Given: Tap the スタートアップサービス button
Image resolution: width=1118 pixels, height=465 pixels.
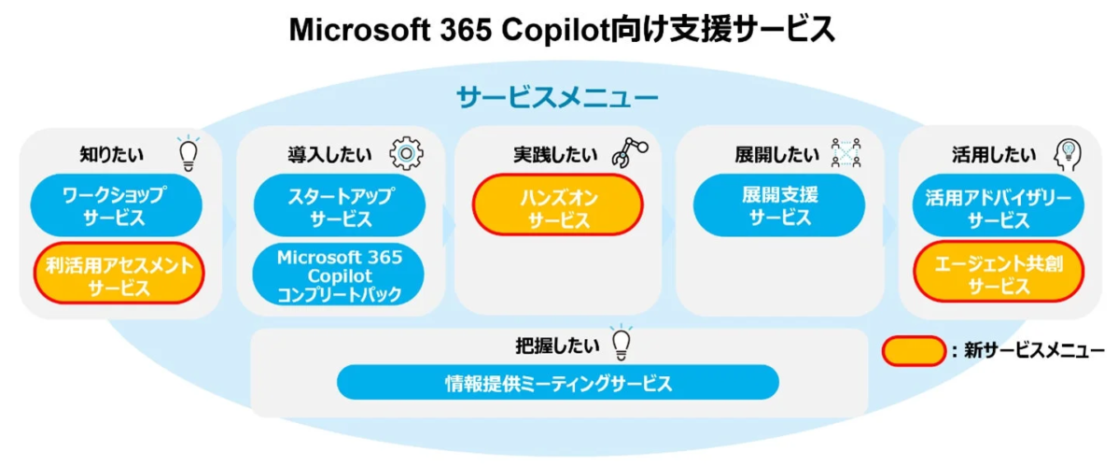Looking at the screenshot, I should [x=338, y=206].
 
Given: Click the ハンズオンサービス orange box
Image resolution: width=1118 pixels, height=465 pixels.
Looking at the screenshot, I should [x=558, y=206].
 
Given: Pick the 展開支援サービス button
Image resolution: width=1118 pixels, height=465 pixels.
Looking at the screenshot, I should [x=777, y=206].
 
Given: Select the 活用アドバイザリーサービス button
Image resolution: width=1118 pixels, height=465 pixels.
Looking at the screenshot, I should [x=998, y=206].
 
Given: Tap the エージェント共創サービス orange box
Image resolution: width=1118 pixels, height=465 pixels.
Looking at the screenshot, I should [x=998, y=275].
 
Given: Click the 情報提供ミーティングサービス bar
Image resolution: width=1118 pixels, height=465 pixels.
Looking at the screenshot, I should [x=557, y=383].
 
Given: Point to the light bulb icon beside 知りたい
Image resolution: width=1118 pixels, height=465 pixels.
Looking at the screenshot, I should [x=189, y=154].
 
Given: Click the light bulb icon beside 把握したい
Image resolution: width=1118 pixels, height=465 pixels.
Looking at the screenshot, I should [x=621, y=344].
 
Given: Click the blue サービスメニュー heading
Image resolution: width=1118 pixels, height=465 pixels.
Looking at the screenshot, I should [x=557, y=97].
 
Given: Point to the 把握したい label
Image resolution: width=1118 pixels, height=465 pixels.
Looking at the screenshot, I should [x=557, y=345].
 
